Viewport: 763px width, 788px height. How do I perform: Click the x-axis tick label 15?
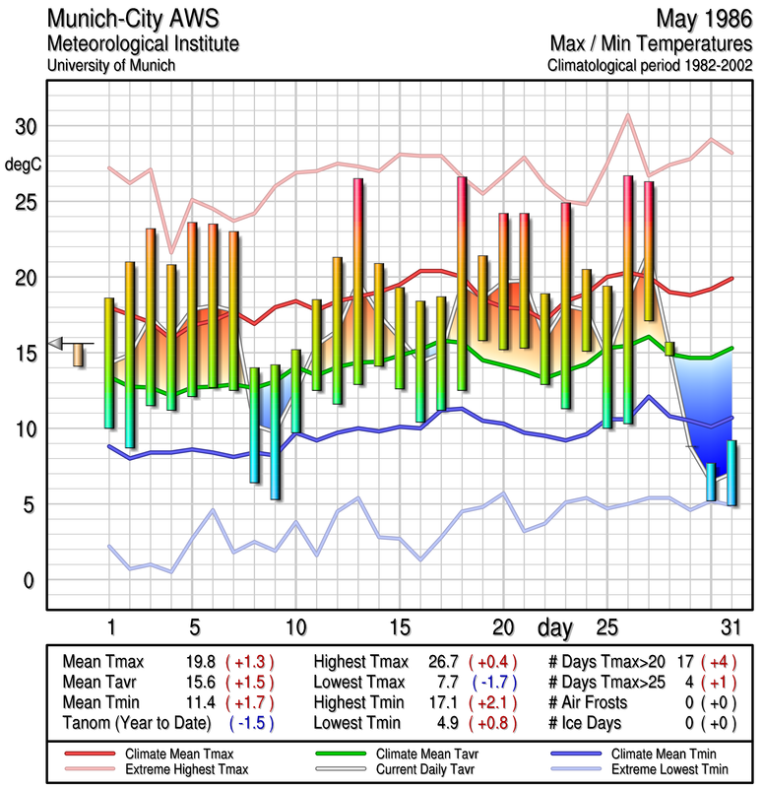coord(399,627)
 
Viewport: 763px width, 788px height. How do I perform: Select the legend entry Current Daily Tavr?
coord(413,767)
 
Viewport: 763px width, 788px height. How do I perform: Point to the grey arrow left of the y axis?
coord(56,343)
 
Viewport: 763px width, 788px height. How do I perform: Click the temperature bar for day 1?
coord(109,362)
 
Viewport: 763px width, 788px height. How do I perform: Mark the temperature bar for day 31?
coord(731,473)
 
